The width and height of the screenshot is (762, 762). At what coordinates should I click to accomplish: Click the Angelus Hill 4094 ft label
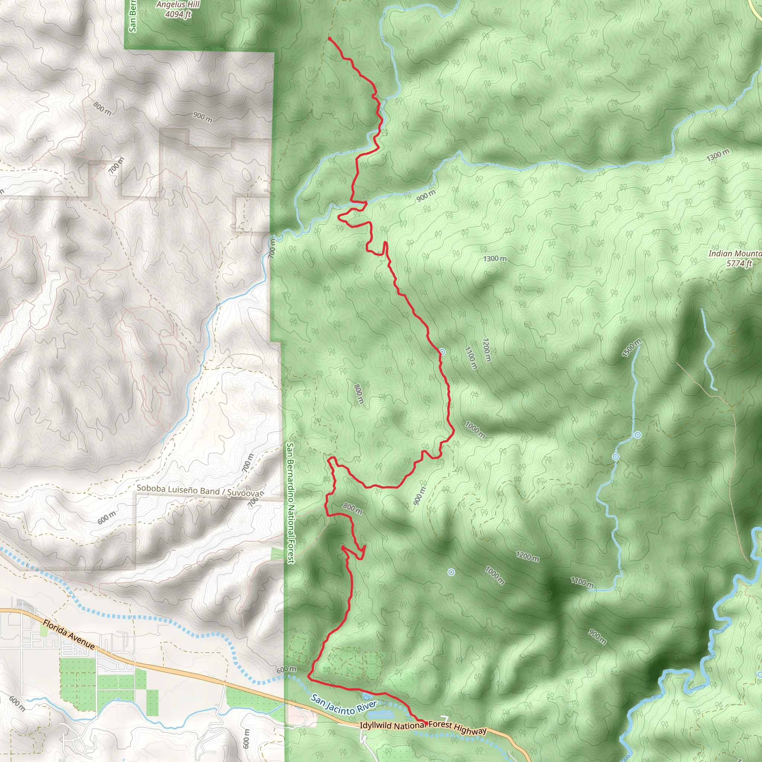point(178,9)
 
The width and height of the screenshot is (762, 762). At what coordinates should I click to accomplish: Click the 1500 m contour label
point(631,348)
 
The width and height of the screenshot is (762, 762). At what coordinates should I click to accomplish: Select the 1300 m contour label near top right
point(717,155)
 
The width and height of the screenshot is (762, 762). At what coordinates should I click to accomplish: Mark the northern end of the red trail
point(329,38)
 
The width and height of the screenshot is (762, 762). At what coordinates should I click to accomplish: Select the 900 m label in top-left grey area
point(202,117)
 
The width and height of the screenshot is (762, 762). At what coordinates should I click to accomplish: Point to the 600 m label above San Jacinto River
point(286,670)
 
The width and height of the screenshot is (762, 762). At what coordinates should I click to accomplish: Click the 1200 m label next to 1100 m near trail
point(487,350)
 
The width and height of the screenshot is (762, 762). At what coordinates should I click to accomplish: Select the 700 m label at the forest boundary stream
point(272,249)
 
